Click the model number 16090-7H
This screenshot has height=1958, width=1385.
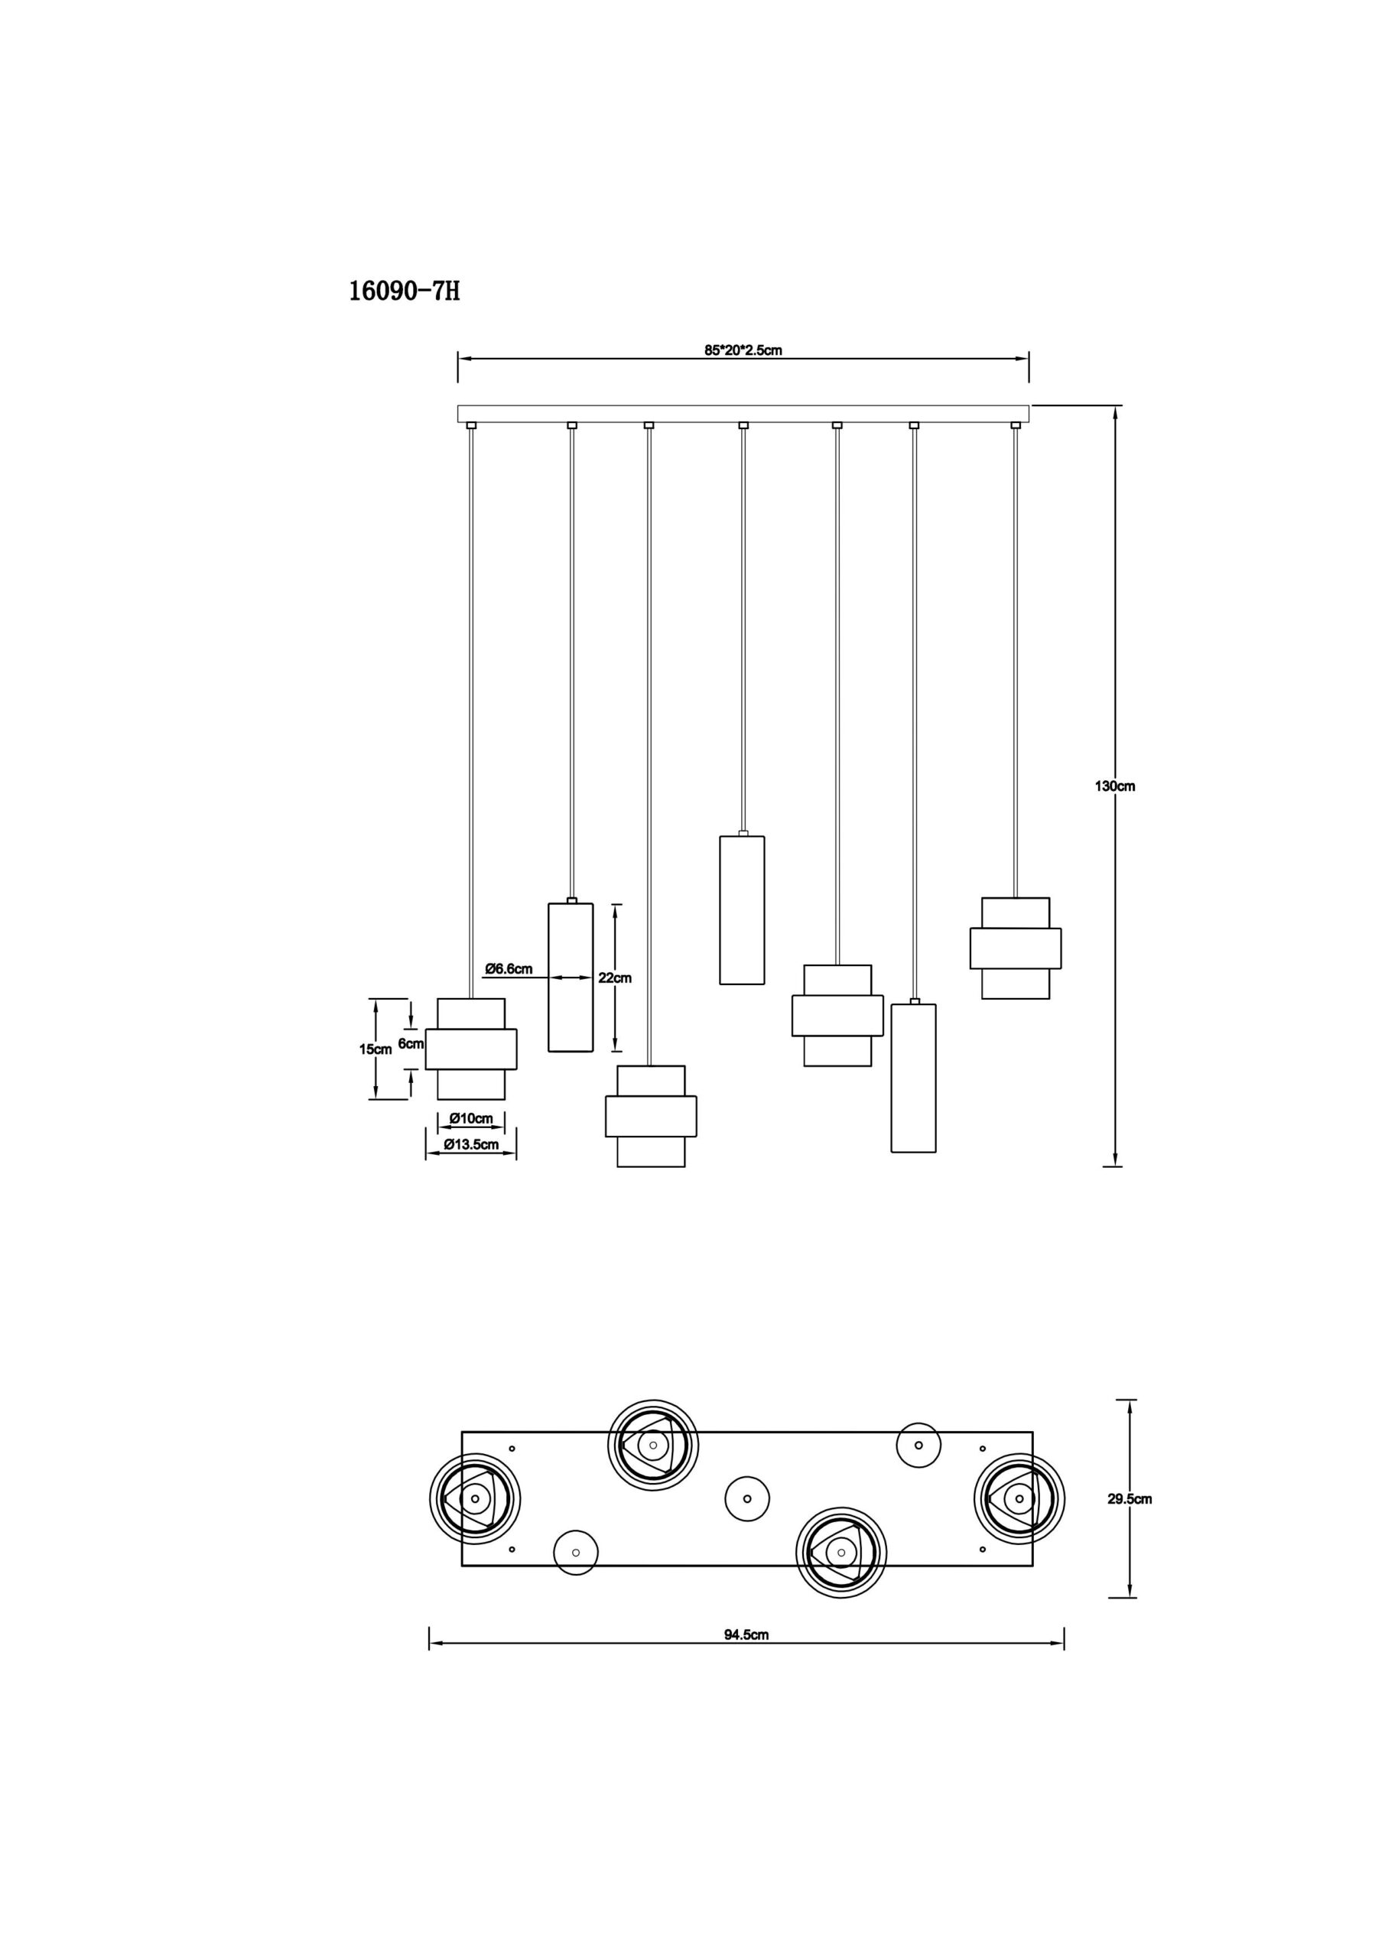tap(405, 291)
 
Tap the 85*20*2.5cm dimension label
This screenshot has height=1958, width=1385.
tap(743, 350)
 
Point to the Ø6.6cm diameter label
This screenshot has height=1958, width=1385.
tap(509, 968)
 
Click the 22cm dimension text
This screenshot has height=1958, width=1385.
tap(615, 977)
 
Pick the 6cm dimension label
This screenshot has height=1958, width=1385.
tap(411, 1043)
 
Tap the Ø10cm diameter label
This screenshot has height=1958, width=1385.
tap(471, 1118)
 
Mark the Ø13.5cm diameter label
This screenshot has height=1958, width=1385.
tap(471, 1144)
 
